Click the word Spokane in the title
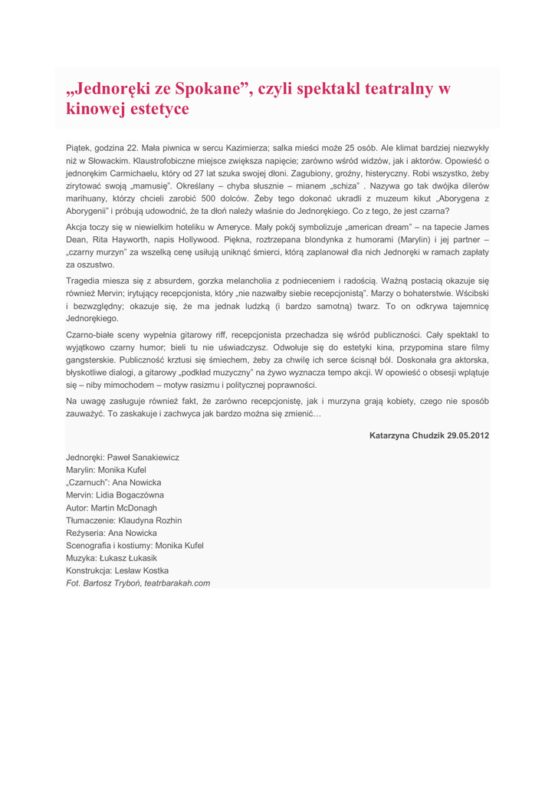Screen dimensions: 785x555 (210, 88)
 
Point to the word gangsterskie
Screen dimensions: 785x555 (90, 360)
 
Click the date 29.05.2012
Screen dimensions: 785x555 (468, 435)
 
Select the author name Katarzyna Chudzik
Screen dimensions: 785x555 (406, 435)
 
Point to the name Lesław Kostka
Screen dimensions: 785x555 (143, 570)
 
